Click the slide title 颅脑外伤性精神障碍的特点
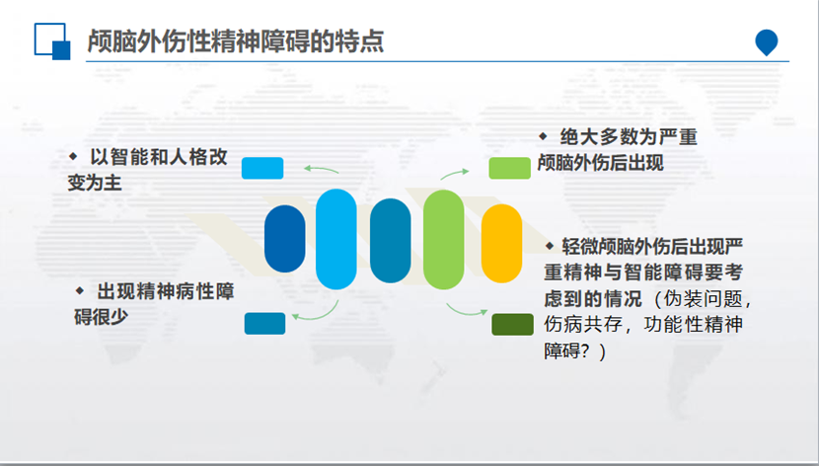click(235, 41)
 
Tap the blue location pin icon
click(766, 41)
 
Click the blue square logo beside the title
click(51, 42)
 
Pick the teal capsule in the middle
click(390, 238)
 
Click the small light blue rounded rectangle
click(262, 168)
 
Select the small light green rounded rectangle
click(510, 168)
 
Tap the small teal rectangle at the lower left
click(264, 323)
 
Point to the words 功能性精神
click(696, 325)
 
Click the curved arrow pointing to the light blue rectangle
click(321, 170)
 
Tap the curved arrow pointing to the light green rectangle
click(454, 173)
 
